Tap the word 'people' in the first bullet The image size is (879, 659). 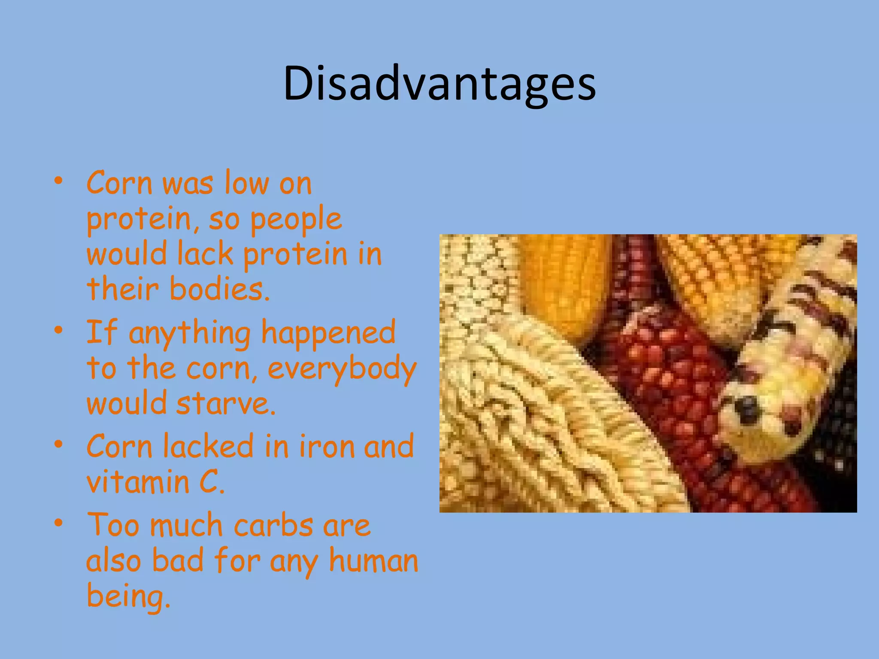coord(296,220)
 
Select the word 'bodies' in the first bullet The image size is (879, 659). coord(216,289)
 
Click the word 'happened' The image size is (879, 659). coord(328,333)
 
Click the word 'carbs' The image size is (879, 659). coord(273,525)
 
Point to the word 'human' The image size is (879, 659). coord(373,561)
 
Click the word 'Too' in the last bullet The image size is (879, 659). coord(113,525)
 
